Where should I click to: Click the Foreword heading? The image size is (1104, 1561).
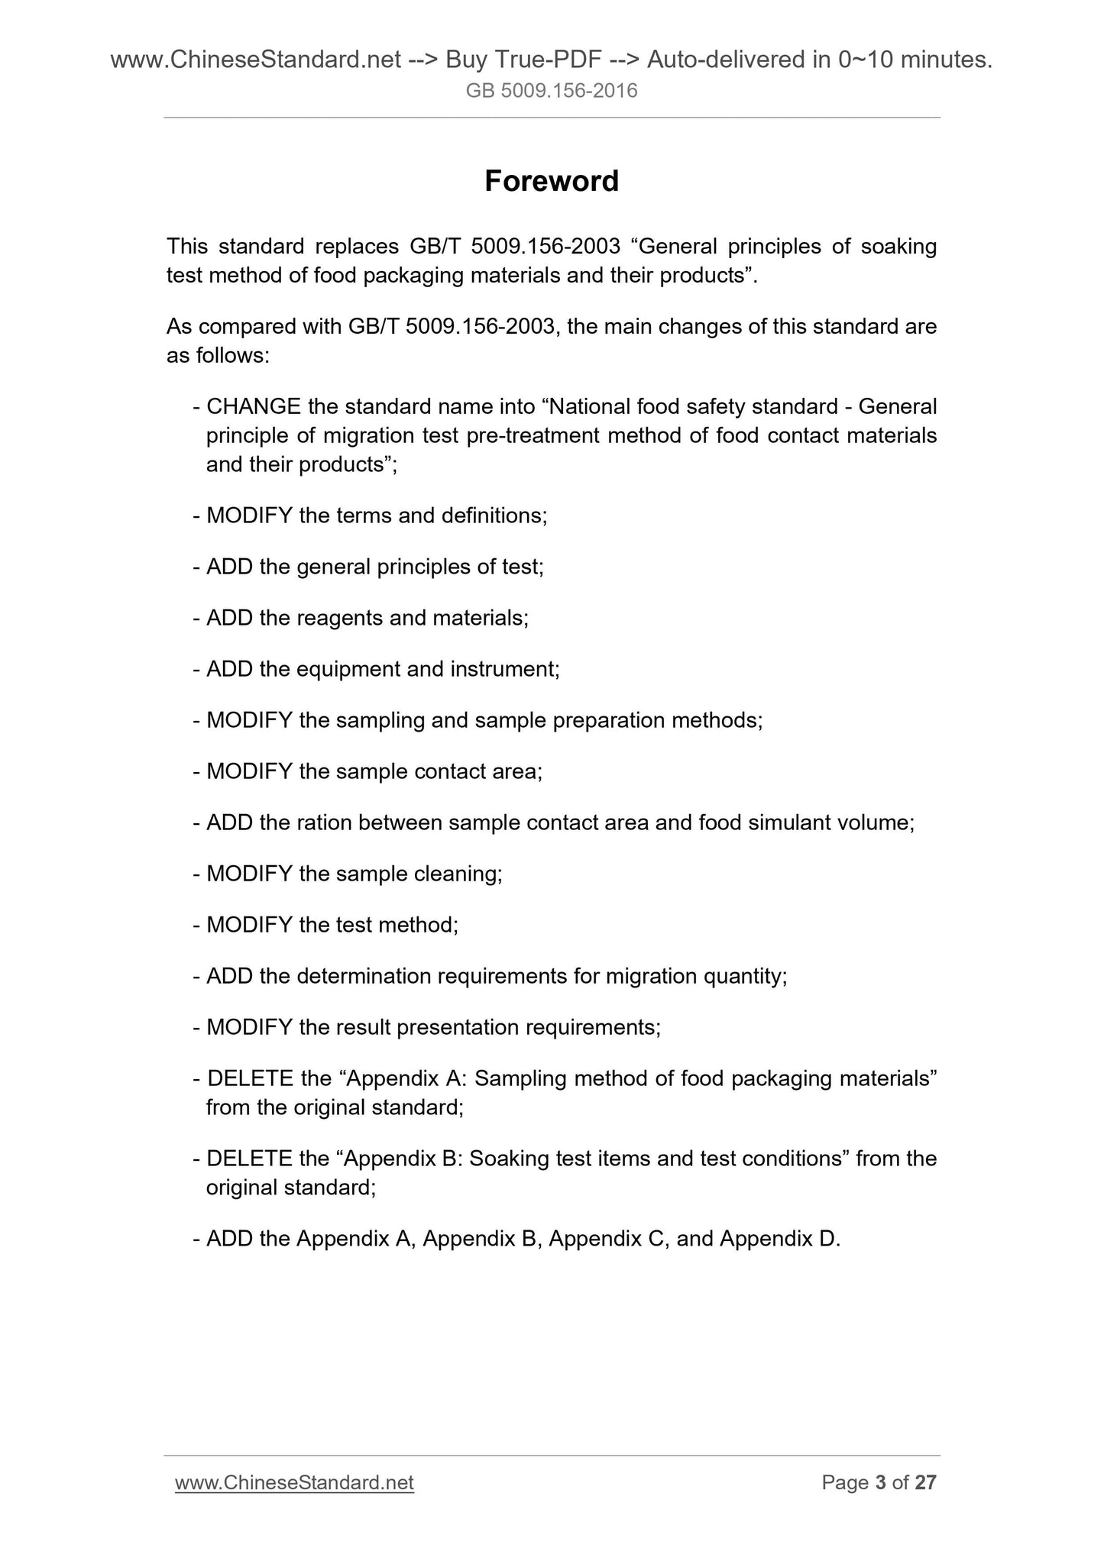(552, 181)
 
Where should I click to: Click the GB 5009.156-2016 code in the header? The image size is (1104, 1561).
(552, 92)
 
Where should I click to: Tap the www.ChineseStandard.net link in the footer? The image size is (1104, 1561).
(294, 1482)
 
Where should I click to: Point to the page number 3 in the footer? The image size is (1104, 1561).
(880, 1482)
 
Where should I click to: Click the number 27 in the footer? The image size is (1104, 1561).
(925, 1482)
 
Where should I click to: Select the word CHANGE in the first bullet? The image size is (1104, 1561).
(253, 406)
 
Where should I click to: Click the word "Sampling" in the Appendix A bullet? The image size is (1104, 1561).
(520, 1078)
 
